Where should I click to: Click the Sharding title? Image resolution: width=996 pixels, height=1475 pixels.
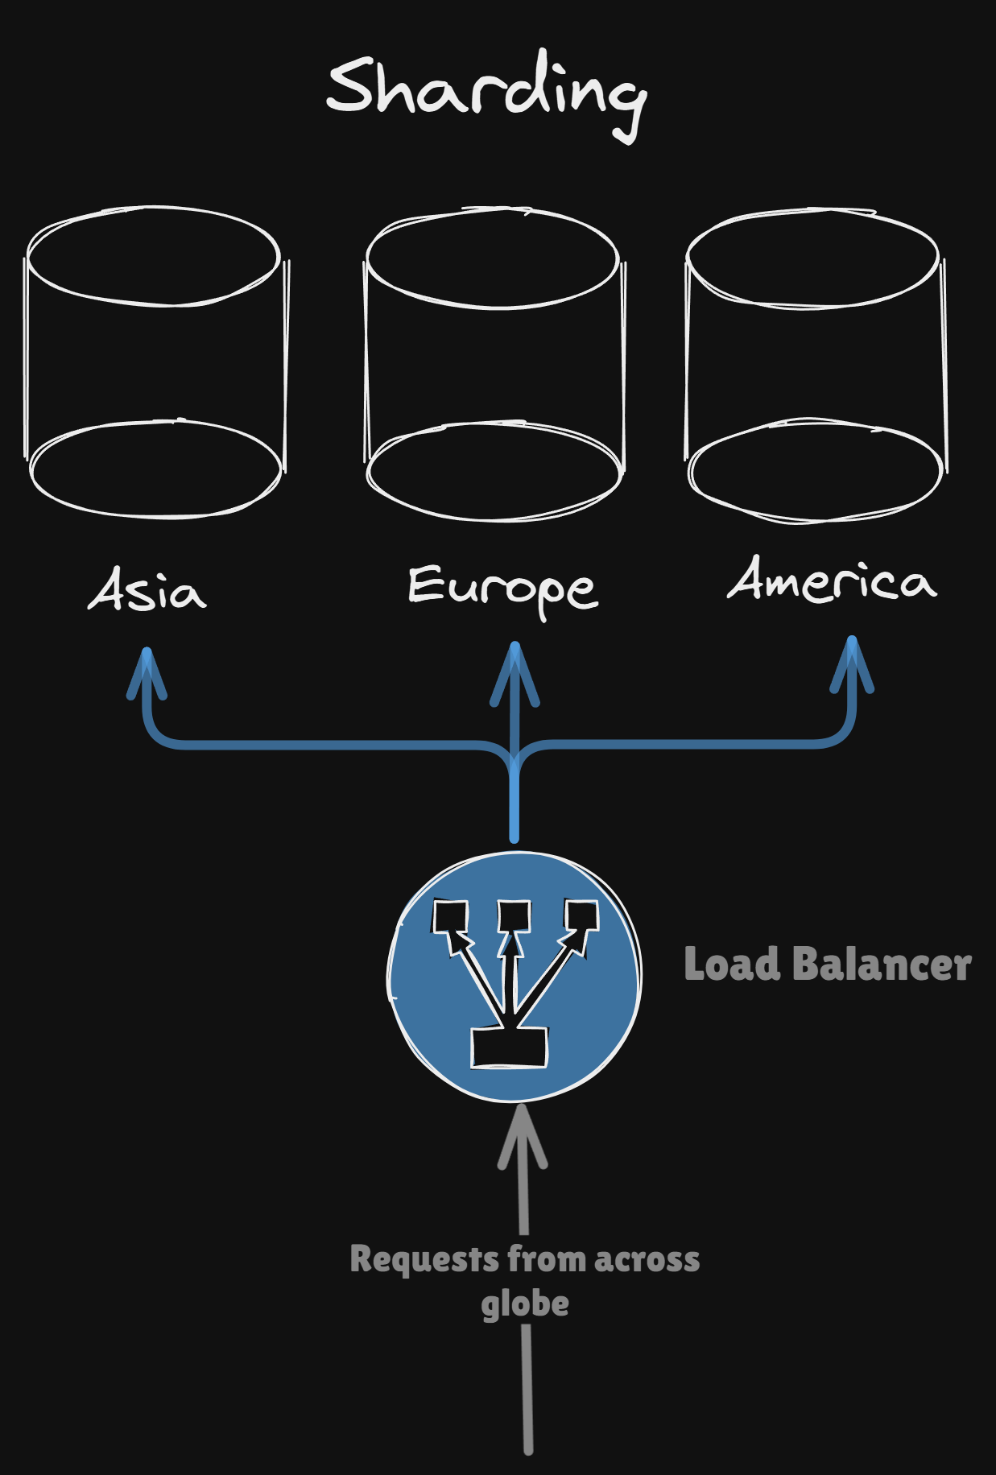point(486,93)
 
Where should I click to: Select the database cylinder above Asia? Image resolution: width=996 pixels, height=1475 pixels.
point(155,362)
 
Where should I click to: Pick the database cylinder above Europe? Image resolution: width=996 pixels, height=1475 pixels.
point(494,364)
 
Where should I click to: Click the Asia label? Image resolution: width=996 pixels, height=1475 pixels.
point(147,590)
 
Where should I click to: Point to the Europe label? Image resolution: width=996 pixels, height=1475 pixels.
point(502,588)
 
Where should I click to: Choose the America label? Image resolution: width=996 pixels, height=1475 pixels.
point(832,580)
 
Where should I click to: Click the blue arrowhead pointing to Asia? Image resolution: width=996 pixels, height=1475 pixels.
point(147,672)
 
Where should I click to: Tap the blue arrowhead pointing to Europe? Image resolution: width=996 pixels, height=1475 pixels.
point(515,668)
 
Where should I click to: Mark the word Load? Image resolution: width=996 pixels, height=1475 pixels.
point(732,965)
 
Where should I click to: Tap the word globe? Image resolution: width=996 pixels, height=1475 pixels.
point(525,1304)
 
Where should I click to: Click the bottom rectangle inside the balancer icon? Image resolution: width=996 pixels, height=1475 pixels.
point(509,1048)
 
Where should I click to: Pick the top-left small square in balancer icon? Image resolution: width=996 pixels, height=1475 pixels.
point(450,916)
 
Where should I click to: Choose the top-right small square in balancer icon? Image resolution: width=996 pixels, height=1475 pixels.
point(581,916)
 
